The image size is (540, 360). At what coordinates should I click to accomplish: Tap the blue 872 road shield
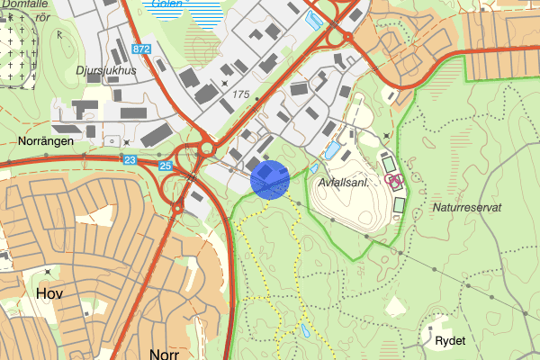(x=139, y=48)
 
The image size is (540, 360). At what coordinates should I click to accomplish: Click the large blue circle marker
(x=269, y=178)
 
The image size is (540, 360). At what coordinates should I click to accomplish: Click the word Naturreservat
(x=467, y=207)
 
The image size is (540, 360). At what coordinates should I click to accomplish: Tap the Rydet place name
(x=448, y=342)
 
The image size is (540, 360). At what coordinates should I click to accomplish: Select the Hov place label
(x=50, y=293)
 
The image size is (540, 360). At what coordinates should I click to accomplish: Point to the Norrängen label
(x=45, y=141)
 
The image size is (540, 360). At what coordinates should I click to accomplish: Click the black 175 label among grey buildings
(x=240, y=94)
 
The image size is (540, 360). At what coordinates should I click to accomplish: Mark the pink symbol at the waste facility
(x=393, y=180)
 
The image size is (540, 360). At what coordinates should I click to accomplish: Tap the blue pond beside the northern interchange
(x=313, y=19)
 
